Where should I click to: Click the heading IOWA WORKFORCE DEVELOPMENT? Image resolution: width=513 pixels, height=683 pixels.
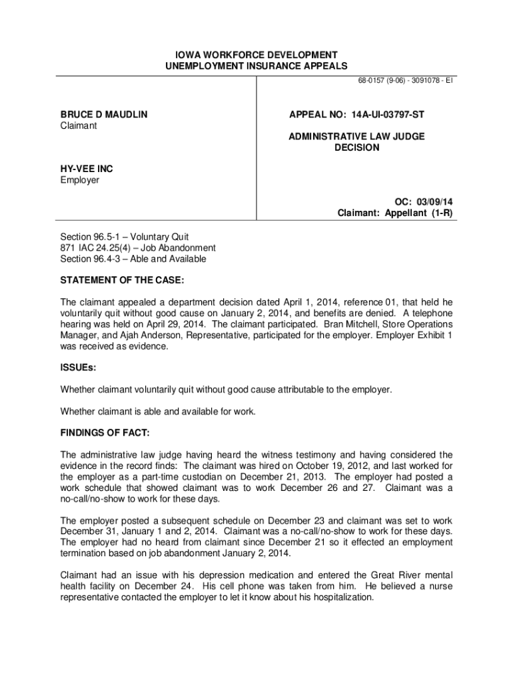pyautogui.click(x=256, y=54)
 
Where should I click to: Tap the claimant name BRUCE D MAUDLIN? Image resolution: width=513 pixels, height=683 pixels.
pyautogui.click(x=104, y=115)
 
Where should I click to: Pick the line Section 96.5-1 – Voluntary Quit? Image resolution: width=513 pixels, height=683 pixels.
pyautogui.click(x=125, y=237)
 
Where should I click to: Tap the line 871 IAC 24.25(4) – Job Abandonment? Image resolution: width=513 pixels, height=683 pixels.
pyautogui.click(x=137, y=247)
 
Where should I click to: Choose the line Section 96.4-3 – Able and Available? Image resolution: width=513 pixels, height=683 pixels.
pyautogui.click(x=133, y=259)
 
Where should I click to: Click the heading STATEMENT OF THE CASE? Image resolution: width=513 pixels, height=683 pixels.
pyautogui.click(x=123, y=277)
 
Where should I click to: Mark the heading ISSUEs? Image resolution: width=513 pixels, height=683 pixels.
pyautogui.click(x=78, y=367)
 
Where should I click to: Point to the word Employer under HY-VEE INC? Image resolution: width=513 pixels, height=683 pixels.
pyautogui.click(x=79, y=180)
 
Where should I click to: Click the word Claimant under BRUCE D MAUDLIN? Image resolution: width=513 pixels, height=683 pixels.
pyautogui.click(x=79, y=126)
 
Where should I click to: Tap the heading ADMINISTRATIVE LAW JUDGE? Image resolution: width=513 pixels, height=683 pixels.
pyautogui.click(x=356, y=136)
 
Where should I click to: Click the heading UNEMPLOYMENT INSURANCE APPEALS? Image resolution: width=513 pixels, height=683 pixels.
pyautogui.click(x=256, y=65)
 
